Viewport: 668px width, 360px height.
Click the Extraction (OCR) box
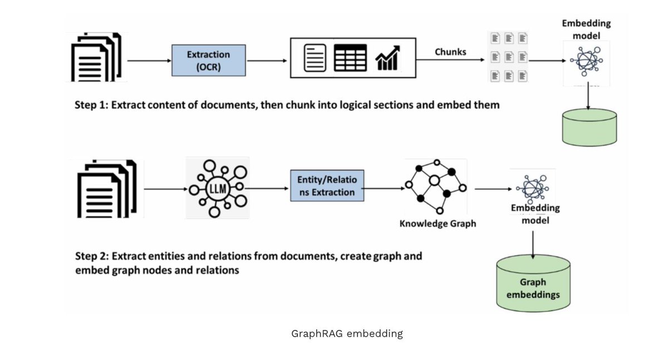208,60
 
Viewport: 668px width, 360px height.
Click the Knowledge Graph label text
438,224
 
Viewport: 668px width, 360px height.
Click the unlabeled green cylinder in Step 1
589,126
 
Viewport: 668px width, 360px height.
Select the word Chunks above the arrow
450,52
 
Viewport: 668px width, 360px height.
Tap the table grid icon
350,57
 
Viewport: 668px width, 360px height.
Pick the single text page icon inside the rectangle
315,58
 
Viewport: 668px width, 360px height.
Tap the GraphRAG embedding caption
347,334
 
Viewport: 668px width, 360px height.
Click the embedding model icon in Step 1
586,62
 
